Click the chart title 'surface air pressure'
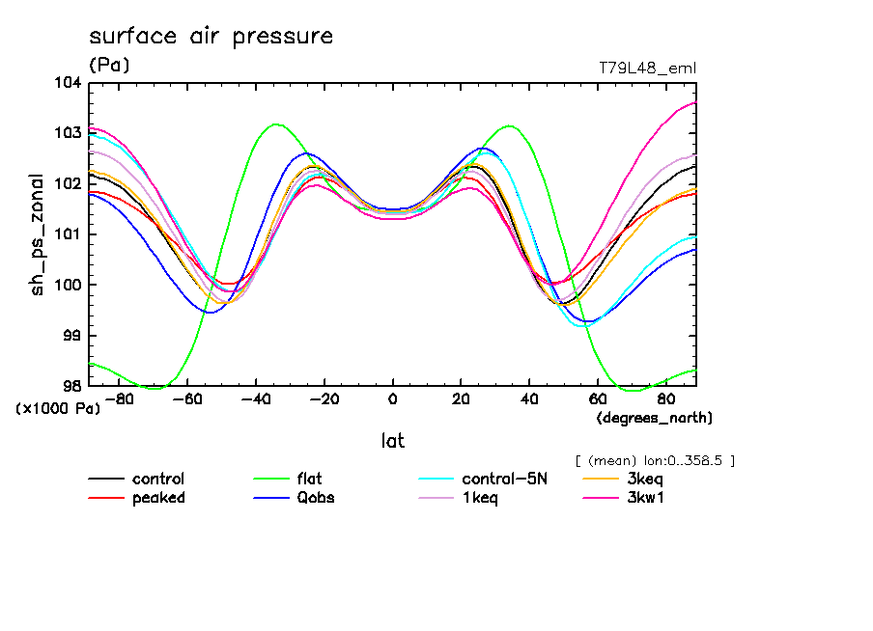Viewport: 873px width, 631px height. (211, 37)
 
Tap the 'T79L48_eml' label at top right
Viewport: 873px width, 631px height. (647, 68)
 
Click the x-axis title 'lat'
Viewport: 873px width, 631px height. (392, 441)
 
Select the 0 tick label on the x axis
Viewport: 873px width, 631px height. (392, 398)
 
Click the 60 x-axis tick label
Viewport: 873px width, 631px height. (597, 398)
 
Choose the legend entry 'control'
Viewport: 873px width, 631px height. (158, 480)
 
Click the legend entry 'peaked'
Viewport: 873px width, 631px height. (158, 498)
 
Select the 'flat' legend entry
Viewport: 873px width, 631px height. (309, 480)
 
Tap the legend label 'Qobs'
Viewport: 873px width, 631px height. (315, 498)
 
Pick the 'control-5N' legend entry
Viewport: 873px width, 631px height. (504, 480)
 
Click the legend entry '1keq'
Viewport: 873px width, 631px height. (480, 498)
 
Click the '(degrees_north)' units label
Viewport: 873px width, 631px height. (655, 418)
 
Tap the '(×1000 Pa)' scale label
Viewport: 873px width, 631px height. (58, 409)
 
